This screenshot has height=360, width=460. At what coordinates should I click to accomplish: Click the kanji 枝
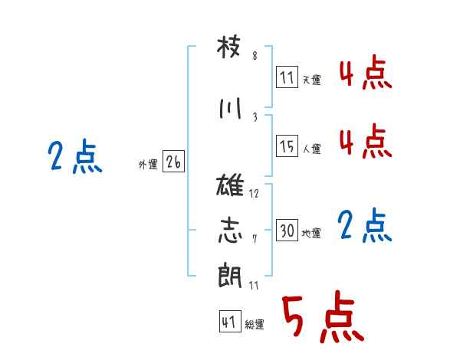point(228,47)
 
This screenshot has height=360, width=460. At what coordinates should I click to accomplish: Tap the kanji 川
point(230,108)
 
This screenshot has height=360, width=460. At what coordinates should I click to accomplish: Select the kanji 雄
point(230,185)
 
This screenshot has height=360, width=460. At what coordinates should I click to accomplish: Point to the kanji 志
point(230,230)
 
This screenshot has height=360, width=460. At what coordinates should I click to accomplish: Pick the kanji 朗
point(230,275)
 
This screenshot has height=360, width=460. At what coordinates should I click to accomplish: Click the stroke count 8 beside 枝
point(255,56)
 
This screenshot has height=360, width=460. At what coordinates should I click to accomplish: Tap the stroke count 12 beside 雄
point(254,194)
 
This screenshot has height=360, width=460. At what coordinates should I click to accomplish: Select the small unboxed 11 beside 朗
point(254,286)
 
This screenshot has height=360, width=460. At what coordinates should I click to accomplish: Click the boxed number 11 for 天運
point(287,77)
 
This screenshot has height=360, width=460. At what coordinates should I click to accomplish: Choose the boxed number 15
point(287,146)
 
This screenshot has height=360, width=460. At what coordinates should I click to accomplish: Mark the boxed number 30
point(287,230)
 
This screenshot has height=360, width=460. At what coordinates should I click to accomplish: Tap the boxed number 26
point(173,162)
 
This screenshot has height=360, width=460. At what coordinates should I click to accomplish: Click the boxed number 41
point(230,322)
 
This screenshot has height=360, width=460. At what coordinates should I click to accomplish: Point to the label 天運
point(311,80)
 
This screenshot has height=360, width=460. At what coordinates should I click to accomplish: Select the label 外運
point(148,165)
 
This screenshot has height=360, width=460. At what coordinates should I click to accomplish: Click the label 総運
point(255,325)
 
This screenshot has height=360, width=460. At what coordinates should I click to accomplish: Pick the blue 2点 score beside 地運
point(364,225)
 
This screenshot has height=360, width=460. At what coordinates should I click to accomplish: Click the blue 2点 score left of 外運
point(75,156)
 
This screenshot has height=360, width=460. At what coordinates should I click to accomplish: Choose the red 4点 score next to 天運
point(366,72)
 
